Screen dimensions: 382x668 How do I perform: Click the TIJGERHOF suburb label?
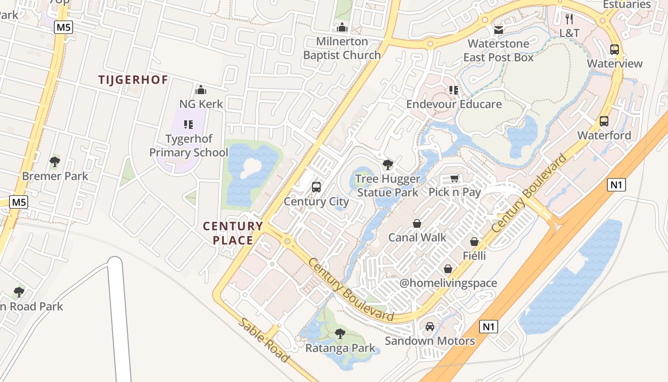[x=133, y=80]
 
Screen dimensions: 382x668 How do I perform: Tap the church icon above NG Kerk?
[x=201, y=90]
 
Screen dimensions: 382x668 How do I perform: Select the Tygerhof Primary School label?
[x=189, y=146]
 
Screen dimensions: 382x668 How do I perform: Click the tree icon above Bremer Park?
[x=55, y=162]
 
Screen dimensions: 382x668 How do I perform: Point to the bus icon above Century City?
[x=316, y=187]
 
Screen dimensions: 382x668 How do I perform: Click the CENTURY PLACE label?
[x=233, y=233]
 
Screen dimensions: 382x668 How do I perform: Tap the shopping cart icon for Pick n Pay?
[x=455, y=179]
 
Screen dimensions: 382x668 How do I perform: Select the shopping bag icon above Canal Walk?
[x=417, y=223]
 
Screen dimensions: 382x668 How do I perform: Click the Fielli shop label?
[x=474, y=256]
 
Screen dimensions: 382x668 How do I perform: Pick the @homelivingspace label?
[x=448, y=283]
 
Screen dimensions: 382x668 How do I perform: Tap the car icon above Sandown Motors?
[x=430, y=327]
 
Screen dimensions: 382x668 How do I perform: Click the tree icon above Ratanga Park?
[x=340, y=333]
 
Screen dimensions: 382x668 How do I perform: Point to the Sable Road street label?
[x=263, y=340]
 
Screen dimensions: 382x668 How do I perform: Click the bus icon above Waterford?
[x=604, y=121]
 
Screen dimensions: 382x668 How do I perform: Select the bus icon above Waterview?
[x=615, y=50]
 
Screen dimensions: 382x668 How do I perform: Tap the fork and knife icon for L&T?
[x=569, y=19]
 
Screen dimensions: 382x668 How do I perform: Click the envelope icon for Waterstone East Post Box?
[x=499, y=30]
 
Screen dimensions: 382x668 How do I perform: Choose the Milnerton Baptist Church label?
[x=342, y=48]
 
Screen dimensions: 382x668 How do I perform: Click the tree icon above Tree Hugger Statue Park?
[x=388, y=165]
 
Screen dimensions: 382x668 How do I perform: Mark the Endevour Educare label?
[x=454, y=104]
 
